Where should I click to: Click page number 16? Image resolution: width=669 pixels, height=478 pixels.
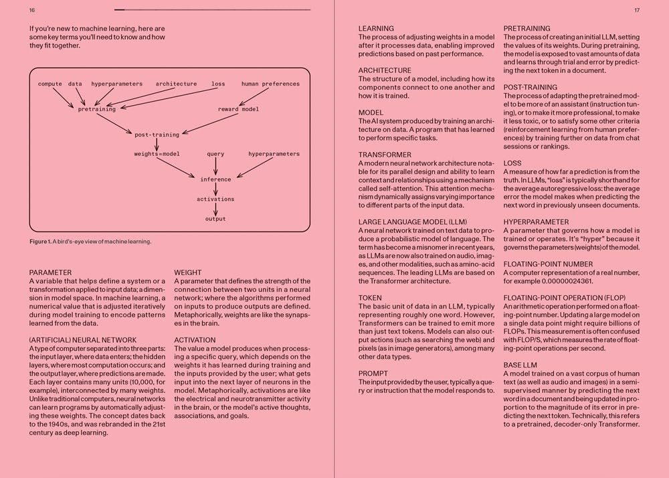pos(32,11)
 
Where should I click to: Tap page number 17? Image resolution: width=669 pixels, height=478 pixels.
pos(637,11)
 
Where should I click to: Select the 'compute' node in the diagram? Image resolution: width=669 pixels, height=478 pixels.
pos(50,84)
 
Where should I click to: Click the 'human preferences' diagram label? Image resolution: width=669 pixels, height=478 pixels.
pos(270,84)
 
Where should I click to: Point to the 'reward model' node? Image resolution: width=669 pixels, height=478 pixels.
pos(238,109)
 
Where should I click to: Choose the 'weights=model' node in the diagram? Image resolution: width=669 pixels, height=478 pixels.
pos(157,154)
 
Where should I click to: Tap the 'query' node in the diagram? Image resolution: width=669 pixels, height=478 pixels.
pos(215,154)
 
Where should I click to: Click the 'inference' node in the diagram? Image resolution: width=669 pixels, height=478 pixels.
pos(215,179)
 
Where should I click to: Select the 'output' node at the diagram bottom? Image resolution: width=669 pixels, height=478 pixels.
pos(215,219)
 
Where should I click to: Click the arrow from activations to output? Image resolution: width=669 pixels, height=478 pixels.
pos(215,209)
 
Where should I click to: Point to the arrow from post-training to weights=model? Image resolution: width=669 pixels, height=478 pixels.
pos(157,144)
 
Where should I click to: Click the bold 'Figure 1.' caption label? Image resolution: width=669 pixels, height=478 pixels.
pos(42,242)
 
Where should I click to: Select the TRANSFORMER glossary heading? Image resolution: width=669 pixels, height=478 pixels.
pos(385,155)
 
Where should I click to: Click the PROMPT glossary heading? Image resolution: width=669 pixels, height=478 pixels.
pos(373,373)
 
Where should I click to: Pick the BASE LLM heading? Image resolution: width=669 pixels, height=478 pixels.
pos(520,365)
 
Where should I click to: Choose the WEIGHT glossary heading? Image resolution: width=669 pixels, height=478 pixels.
pos(188,272)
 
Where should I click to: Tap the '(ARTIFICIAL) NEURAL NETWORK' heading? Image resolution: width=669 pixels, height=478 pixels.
pos(83,340)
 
